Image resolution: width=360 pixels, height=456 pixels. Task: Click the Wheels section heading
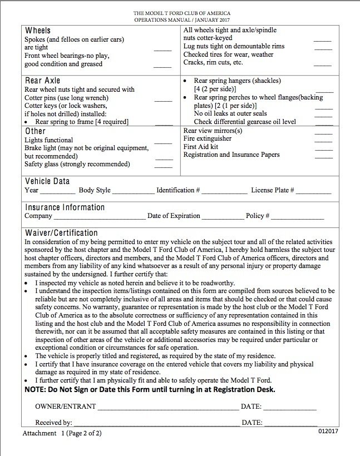click(38, 31)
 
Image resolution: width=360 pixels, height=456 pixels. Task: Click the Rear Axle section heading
click(42, 81)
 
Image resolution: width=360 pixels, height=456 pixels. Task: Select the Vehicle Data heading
click(47, 181)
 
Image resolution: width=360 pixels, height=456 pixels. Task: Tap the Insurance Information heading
click(65, 207)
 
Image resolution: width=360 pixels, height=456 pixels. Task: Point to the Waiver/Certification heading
click(61, 233)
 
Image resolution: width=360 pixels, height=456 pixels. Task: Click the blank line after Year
click(57, 192)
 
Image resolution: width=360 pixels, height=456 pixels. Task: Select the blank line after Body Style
click(134, 192)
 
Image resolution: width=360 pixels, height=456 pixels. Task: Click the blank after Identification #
click(225, 192)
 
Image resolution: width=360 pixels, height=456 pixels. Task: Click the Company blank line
click(99, 218)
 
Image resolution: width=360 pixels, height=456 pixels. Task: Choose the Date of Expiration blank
click(222, 218)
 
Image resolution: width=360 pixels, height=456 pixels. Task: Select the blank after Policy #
click(298, 218)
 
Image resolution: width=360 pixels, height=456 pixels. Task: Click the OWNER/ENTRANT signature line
click(168, 409)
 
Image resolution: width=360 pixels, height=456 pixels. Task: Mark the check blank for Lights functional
click(163, 143)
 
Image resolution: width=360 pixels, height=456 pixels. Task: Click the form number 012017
click(328, 431)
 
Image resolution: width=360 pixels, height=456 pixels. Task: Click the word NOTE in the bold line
click(37, 390)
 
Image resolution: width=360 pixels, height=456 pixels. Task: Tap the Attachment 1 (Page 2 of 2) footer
click(62, 433)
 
